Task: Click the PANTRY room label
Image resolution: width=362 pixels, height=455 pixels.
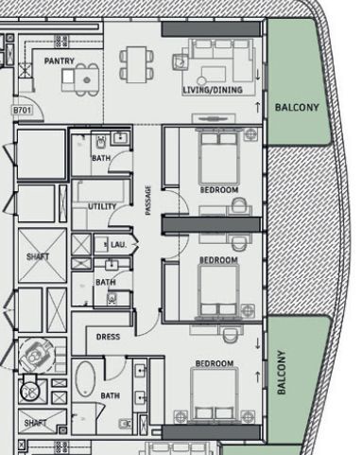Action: tap(60, 61)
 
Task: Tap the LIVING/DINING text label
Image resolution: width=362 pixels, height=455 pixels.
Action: tap(213, 90)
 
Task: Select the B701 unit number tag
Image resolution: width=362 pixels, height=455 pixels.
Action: tap(22, 111)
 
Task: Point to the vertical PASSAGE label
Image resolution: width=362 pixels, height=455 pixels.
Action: tap(148, 201)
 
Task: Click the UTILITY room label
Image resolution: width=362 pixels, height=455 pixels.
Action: tap(102, 206)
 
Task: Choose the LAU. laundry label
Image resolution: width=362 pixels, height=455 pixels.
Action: tap(118, 244)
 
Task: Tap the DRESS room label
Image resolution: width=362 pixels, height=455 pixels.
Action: tap(108, 337)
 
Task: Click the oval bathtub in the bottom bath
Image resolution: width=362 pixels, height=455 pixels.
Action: tap(86, 379)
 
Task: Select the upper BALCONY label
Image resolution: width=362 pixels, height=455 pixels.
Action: tap(297, 108)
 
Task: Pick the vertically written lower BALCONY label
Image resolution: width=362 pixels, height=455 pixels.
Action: tap(282, 373)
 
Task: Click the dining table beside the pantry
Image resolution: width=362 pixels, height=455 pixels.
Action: tap(136, 64)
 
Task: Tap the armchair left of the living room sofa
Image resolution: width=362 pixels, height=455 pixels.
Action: tap(181, 62)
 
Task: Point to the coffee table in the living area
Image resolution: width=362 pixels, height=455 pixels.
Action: tap(214, 75)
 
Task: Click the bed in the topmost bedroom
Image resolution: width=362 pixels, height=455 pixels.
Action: tap(219, 158)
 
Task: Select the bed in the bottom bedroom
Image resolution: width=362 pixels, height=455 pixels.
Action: tap(215, 394)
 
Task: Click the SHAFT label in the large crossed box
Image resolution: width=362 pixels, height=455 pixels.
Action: tap(38, 256)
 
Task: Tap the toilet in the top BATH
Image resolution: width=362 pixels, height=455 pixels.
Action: tap(100, 142)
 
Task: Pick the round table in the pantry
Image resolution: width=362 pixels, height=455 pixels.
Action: tap(87, 80)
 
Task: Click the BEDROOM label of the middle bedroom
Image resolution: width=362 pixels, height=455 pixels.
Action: tap(218, 260)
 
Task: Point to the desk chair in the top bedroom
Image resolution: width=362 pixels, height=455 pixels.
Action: tap(239, 205)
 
